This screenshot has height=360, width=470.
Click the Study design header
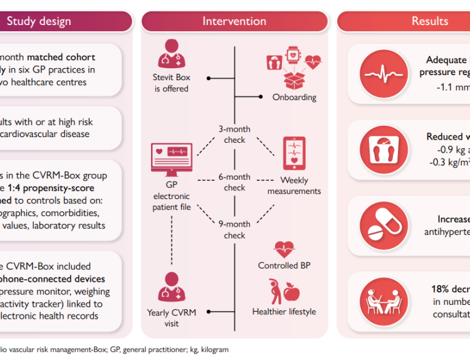pos(39,21)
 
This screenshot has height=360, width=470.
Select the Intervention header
pos(234,21)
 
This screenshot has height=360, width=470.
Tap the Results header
pos(429,21)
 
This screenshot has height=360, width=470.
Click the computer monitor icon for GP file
pos(171,161)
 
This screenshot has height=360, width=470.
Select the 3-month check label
pos(234,135)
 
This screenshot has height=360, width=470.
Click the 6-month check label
pos(234,182)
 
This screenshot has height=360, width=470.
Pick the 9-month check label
pos(234,230)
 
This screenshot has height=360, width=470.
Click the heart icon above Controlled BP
pos(284,248)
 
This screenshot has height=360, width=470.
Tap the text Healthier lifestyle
pos(284,312)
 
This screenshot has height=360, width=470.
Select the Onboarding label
pos(294,98)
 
